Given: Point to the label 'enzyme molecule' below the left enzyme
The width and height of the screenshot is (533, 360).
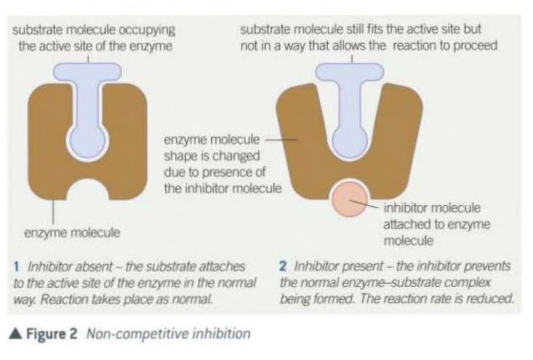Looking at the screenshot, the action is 72,233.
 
